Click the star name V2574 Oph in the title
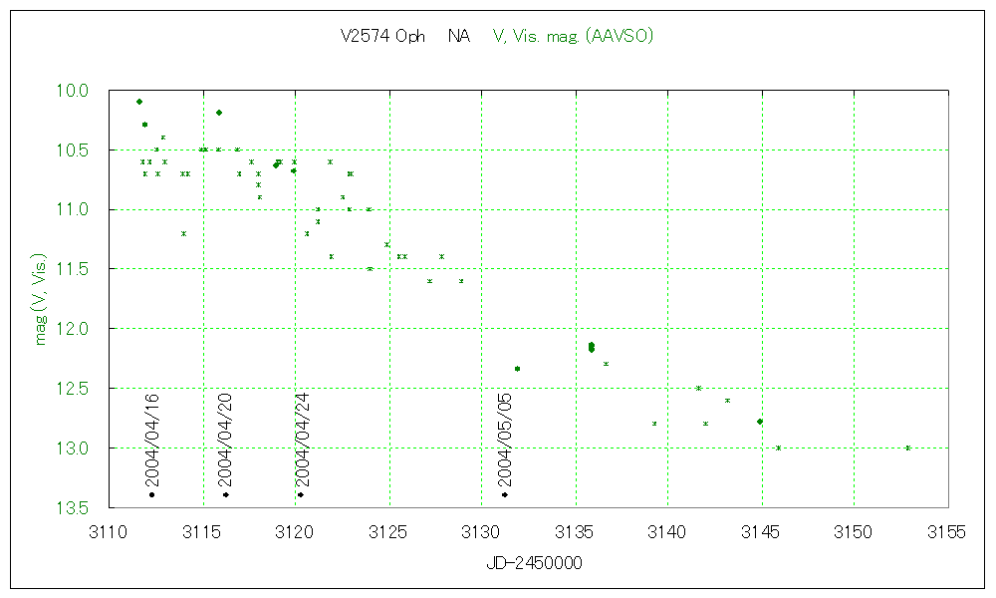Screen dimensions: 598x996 (382, 37)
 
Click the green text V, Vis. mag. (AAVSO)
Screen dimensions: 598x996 (574, 37)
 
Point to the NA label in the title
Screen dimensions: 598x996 (459, 37)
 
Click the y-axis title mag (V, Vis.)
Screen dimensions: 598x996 (42, 298)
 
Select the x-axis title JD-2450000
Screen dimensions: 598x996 (534, 563)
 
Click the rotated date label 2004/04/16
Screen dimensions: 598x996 (152, 438)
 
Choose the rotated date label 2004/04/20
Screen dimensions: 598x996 (225, 438)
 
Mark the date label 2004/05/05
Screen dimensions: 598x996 (505, 438)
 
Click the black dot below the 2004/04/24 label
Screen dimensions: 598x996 (300, 494)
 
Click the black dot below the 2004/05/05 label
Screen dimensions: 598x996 (505, 494)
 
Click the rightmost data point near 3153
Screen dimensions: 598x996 (908, 448)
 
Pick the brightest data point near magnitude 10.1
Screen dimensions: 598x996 (139, 102)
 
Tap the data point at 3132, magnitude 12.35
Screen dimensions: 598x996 (517, 369)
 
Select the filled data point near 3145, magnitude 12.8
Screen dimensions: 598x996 (760, 422)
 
